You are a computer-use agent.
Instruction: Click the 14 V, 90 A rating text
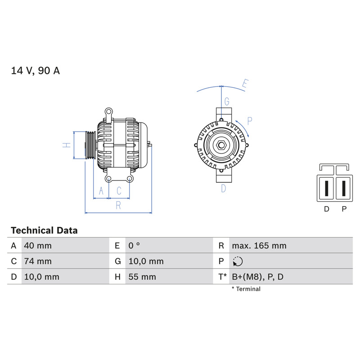(x=36, y=71)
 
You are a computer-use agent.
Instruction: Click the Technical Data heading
(x=44, y=230)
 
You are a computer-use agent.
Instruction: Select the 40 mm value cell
(x=38, y=246)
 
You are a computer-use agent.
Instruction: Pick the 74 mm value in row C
(x=38, y=261)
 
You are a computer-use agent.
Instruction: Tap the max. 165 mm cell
(x=259, y=246)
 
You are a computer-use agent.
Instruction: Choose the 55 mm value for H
(x=142, y=277)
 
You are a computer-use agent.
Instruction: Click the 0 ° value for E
(x=134, y=246)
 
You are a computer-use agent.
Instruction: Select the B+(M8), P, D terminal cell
(x=257, y=277)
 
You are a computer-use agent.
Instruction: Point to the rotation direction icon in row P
(x=238, y=261)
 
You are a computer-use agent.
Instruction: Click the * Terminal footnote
(x=246, y=289)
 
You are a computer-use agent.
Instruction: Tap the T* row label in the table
(x=222, y=277)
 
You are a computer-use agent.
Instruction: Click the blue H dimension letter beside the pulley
(x=67, y=145)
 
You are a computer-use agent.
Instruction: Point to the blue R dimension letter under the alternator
(x=118, y=205)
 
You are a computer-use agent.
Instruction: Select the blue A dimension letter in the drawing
(x=101, y=190)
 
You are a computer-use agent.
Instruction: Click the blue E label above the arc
(x=245, y=83)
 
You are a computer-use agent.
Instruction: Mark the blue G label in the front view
(x=227, y=102)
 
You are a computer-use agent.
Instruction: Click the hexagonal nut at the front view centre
(x=221, y=145)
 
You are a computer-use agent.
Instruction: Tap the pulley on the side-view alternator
(x=91, y=145)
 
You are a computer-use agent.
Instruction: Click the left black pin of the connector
(x=327, y=188)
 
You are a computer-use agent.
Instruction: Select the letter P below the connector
(x=344, y=209)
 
